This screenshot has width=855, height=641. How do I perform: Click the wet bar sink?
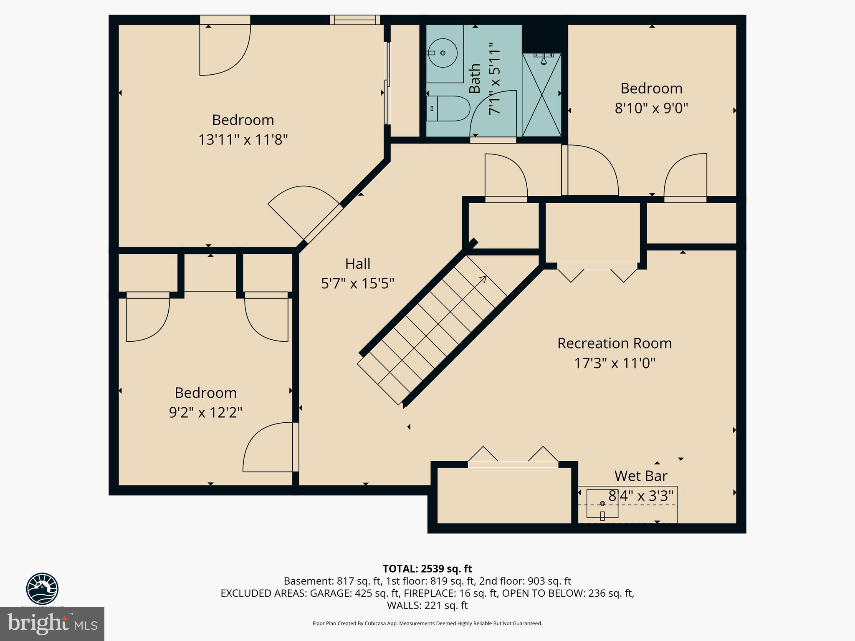[602, 503]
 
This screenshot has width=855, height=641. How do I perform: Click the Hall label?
[357, 264]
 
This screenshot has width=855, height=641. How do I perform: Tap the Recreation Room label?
[614, 343]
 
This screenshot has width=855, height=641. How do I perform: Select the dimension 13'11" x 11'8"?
[243, 139]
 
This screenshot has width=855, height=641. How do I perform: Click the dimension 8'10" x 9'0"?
[651, 108]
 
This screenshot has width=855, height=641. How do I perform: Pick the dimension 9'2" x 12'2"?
[205, 412]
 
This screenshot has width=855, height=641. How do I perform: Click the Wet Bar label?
[640, 476]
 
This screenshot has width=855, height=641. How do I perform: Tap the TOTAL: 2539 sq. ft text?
[427, 568]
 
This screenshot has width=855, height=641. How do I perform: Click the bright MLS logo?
[52, 624]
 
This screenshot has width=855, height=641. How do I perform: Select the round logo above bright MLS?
[42, 588]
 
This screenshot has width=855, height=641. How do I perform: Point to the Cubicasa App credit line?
[427, 623]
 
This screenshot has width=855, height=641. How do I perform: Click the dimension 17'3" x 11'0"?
[614, 363]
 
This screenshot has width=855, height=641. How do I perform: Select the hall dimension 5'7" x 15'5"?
[357, 284]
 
